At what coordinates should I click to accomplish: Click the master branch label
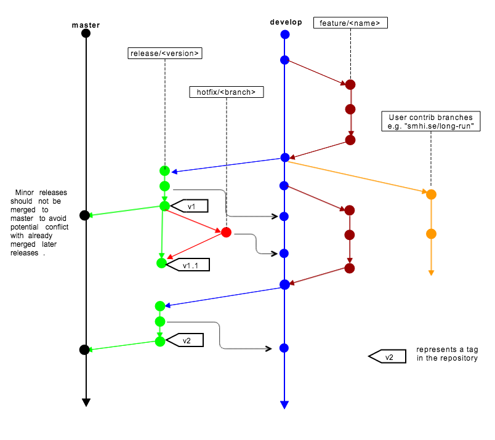tap(86, 25)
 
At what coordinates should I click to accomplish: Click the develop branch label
tap(286, 22)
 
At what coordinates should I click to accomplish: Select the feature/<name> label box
tap(350, 23)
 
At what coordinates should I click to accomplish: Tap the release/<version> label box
tap(165, 54)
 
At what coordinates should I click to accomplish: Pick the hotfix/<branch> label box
tap(227, 92)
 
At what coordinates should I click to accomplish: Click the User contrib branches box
tap(431, 121)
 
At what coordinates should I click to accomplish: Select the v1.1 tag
tap(188, 265)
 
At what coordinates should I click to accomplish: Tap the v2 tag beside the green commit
tap(185, 340)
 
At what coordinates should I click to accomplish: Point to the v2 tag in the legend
tap(387, 356)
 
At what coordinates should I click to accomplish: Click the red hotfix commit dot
tap(226, 233)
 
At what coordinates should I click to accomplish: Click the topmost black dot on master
tap(86, 33)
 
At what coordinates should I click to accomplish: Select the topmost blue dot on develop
tap(285, 34)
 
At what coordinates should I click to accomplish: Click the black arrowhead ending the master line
tap(86, 402)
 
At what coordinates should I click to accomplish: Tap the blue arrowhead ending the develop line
tap(284, 405)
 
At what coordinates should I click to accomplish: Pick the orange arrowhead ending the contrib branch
tap(431, 273)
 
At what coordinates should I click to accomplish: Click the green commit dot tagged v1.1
tap(162, 263)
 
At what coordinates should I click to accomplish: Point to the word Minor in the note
tap(24, 193)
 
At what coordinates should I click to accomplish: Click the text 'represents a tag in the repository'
tap(447, 353)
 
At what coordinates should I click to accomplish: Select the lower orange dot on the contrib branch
tap(431, 234)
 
